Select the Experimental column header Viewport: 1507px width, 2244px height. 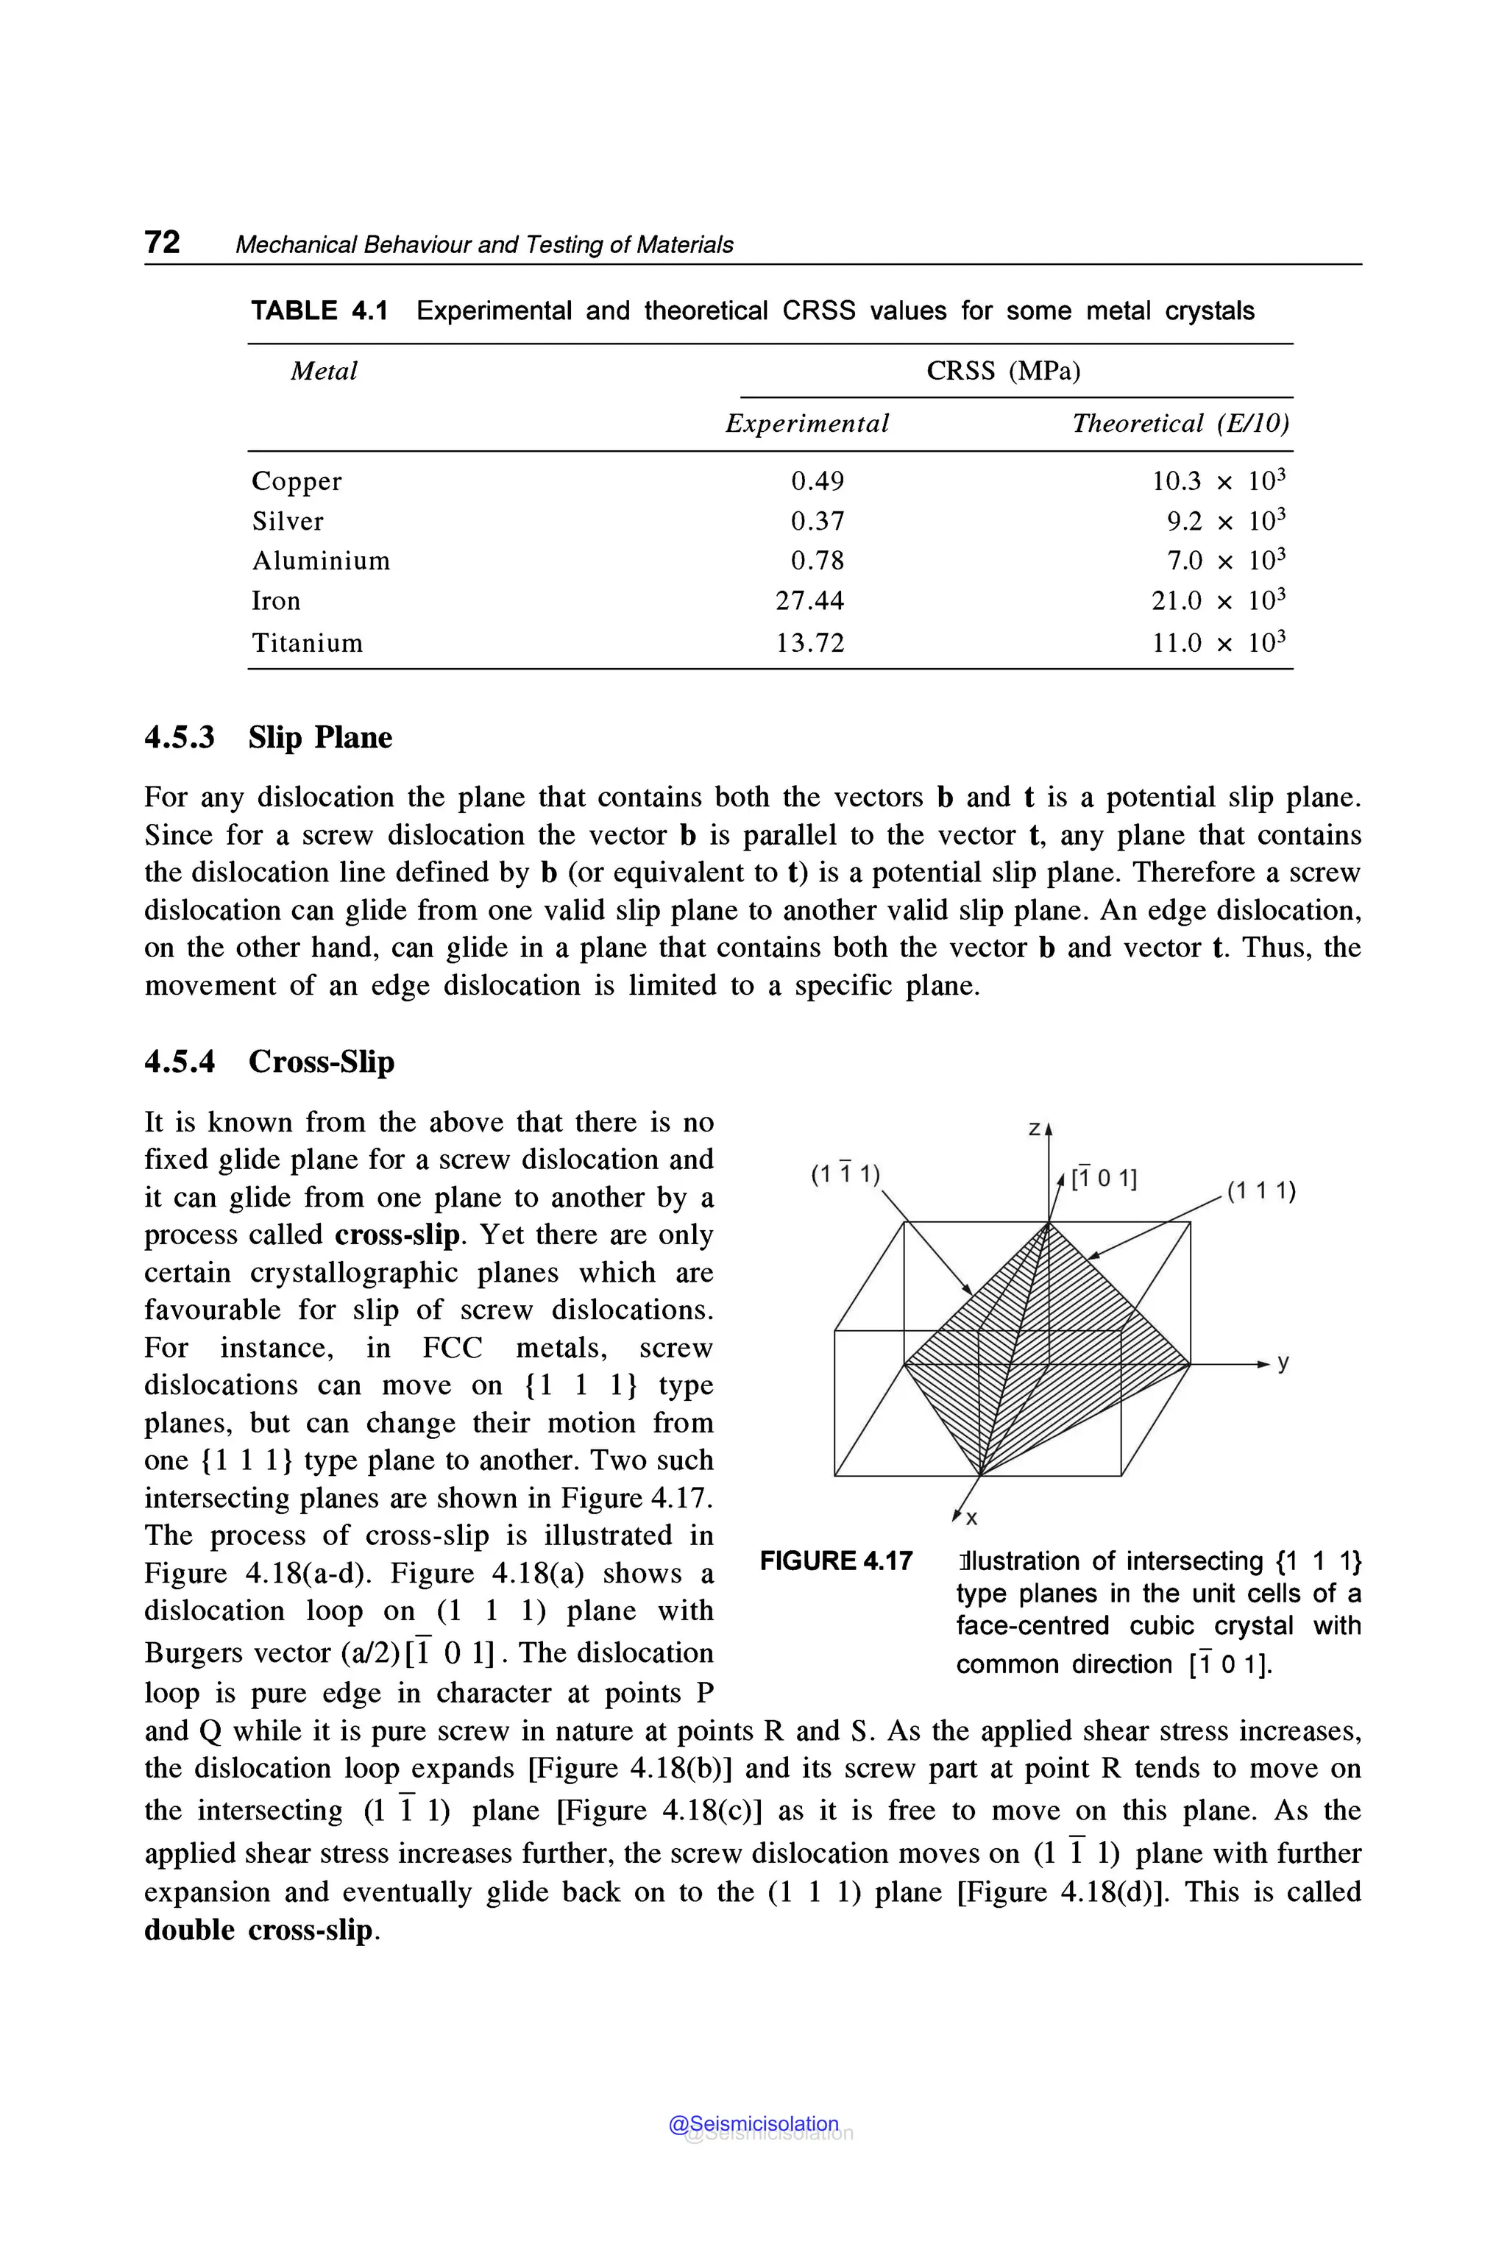[806, 424]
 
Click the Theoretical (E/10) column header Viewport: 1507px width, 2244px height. [1180, 424]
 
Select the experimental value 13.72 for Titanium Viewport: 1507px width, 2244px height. [809, 643]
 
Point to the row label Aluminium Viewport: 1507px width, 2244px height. [321, 561]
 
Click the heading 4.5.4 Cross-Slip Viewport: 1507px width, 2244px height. [269, 1062]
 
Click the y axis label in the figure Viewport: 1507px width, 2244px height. [1283, 1363]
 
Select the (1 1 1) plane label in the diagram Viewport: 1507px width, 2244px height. [1261, 1192]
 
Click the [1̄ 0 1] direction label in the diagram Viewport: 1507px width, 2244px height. [1104, 1178]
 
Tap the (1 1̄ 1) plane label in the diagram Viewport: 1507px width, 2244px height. [845, 1174]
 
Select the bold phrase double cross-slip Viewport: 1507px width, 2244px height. [258, 1930]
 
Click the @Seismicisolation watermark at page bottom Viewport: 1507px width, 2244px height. [753, 2124]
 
